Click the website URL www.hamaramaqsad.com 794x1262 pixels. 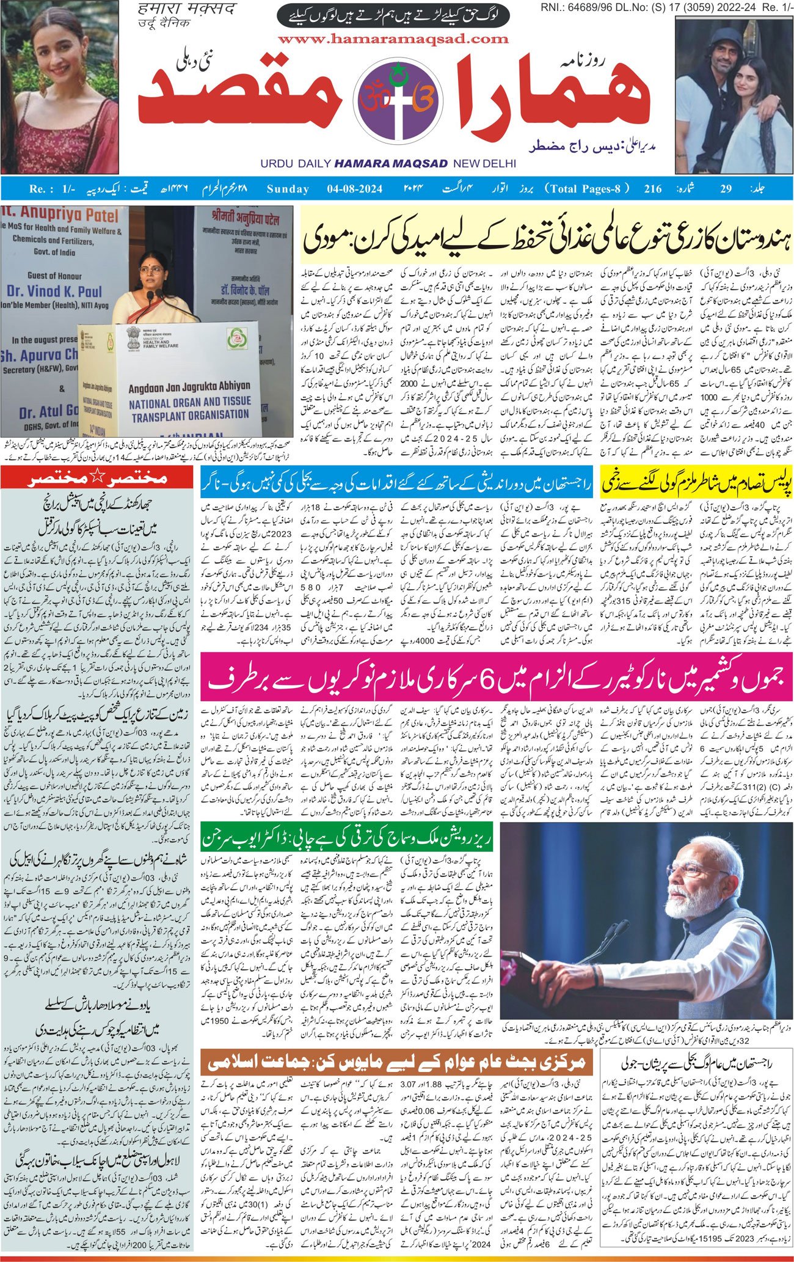point(393,39)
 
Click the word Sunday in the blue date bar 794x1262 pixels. point(288,189)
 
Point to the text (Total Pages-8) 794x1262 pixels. point(586,189)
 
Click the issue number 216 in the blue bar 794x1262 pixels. point(652,189)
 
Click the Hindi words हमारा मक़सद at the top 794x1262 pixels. point(164,10)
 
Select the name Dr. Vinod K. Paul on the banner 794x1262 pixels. point(56,291)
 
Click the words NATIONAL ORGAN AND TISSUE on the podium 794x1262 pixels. point(190,402)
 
